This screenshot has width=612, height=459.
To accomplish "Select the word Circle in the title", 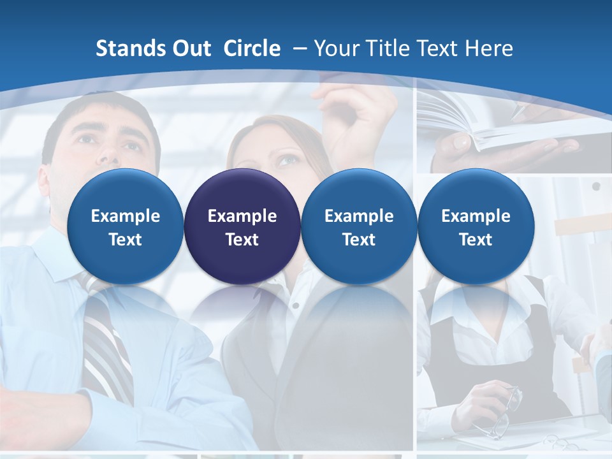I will point(252,48).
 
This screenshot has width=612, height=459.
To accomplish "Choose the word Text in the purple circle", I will point(242,240).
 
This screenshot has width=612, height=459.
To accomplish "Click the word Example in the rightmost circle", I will point(476,216).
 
